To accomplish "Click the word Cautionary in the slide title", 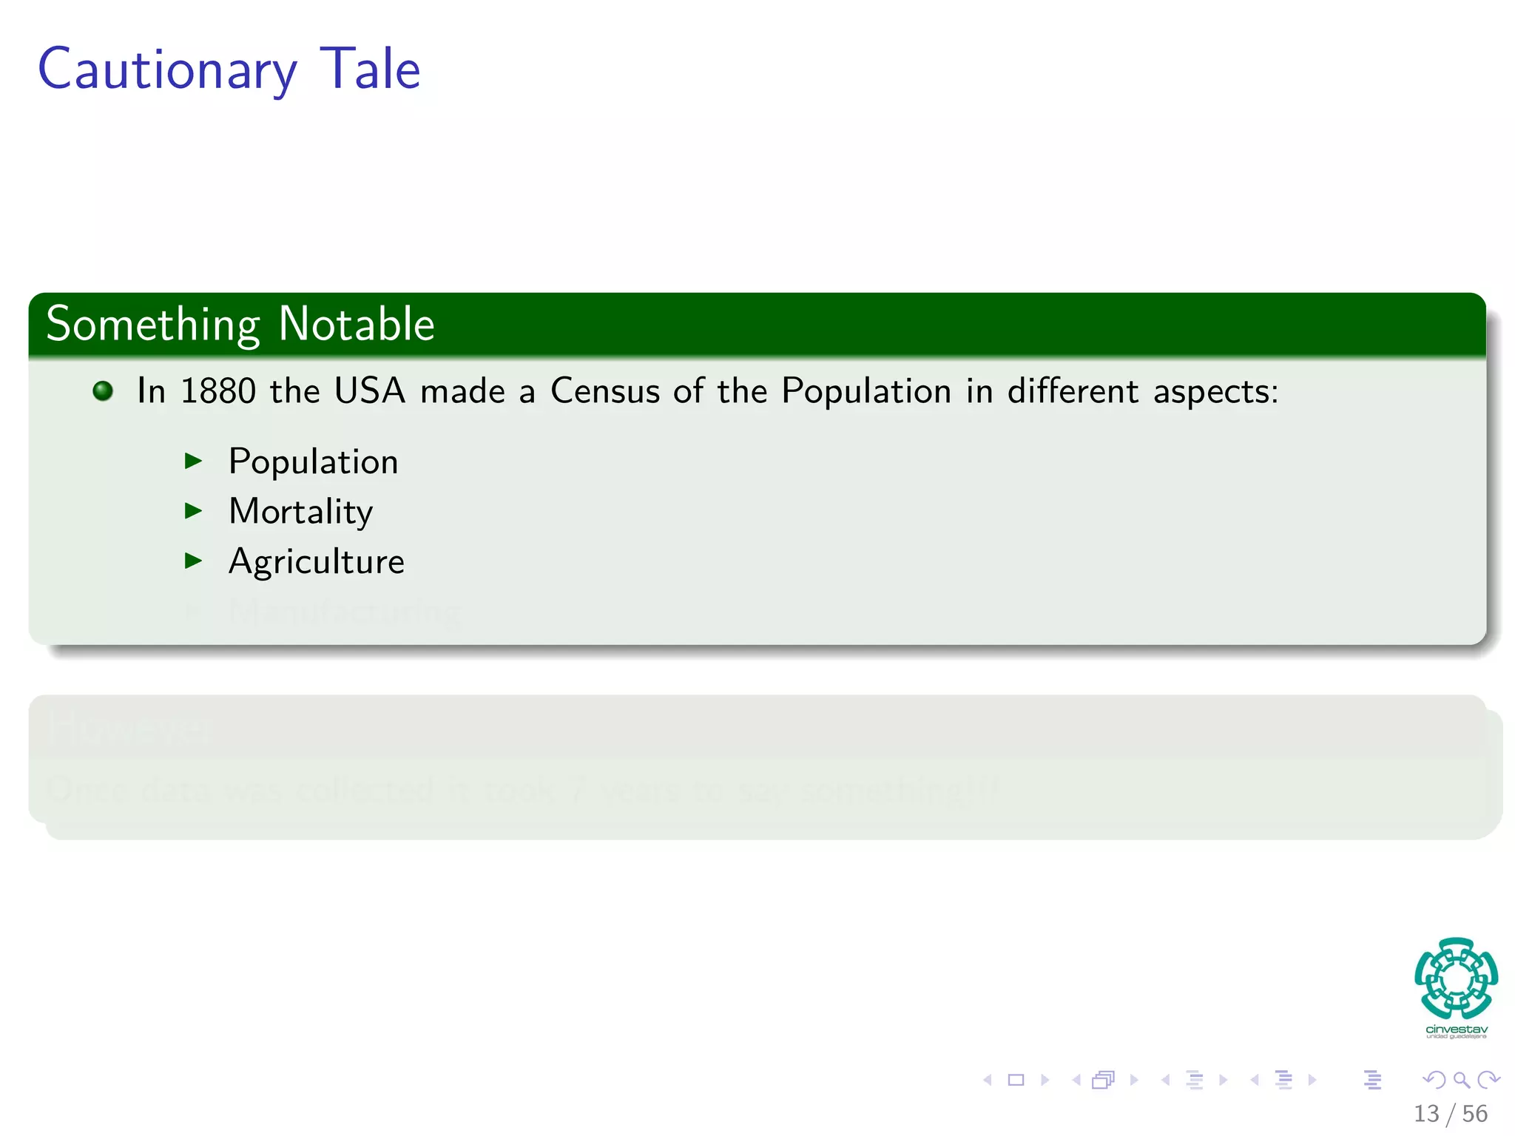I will (167, 70).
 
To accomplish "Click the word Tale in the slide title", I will (370, 70).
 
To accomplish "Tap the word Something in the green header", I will (153, 325).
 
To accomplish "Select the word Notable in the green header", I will (357, 325).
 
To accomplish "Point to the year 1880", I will (218, 390).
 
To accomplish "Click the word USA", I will (370, 390).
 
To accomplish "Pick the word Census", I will (604, 390).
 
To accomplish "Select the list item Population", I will (313, 462).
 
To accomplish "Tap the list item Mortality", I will (300, 512).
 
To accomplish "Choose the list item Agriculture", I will (316, 562).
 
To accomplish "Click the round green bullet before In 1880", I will (104, 390).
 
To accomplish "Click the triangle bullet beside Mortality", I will (193, 510).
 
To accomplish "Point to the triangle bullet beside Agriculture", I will (193, 561).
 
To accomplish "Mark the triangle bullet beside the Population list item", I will (193, 461).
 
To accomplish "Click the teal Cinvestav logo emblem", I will (1456, 978).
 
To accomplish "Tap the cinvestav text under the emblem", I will (1456, 1029).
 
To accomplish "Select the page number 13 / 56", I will (1450, 1114).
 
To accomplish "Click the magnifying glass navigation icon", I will (1461, 1080).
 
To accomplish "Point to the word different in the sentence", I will (1073, 390).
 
